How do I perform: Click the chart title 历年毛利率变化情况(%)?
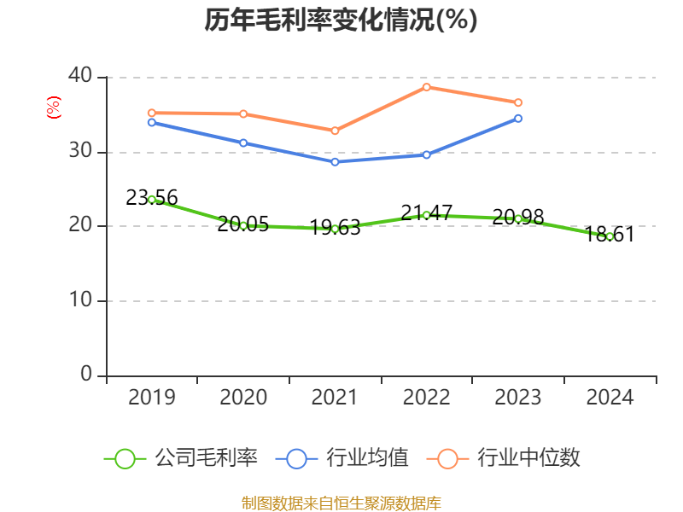341,20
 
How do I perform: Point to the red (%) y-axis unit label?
53,108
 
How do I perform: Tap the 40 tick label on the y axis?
80,76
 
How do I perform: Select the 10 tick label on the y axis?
80,300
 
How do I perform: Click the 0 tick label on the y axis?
87,375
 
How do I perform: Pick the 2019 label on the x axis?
151,397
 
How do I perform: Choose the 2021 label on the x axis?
335,397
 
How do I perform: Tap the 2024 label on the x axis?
610,397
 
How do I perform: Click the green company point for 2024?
610,236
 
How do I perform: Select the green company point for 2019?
151,199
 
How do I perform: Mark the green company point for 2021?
335,229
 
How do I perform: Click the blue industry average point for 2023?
518,118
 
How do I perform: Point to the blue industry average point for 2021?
335,161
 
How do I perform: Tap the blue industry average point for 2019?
151,122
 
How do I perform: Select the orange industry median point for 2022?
427,86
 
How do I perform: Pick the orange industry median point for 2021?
335,131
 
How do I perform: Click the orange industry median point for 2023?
518,102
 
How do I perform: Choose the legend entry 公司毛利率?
181,458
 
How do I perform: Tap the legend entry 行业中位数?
509,458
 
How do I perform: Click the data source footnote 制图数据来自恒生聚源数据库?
341,503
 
